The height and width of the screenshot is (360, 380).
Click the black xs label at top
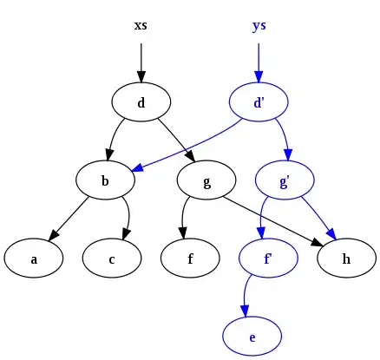tap(141, 25)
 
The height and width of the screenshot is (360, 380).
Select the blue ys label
tap(259, 25)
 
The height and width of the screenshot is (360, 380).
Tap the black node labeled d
tap(141, 102)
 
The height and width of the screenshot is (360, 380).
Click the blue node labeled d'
tap(259, 102)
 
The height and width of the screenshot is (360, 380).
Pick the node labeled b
tap(105, 180)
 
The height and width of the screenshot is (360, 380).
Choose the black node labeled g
tap(206, 180)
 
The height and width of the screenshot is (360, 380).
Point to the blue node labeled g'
tap(285, 180)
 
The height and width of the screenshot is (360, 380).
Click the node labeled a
tap(33, 258)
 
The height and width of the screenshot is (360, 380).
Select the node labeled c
tap(113, 258)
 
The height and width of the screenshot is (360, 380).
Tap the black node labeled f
tap(191, 258)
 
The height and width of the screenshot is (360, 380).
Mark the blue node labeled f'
tap(269, 258)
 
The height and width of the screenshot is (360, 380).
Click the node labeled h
tap(347, 258)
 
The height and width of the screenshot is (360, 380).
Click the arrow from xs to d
tap(141, 61)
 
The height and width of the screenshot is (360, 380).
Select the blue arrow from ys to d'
tap(259, 61)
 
